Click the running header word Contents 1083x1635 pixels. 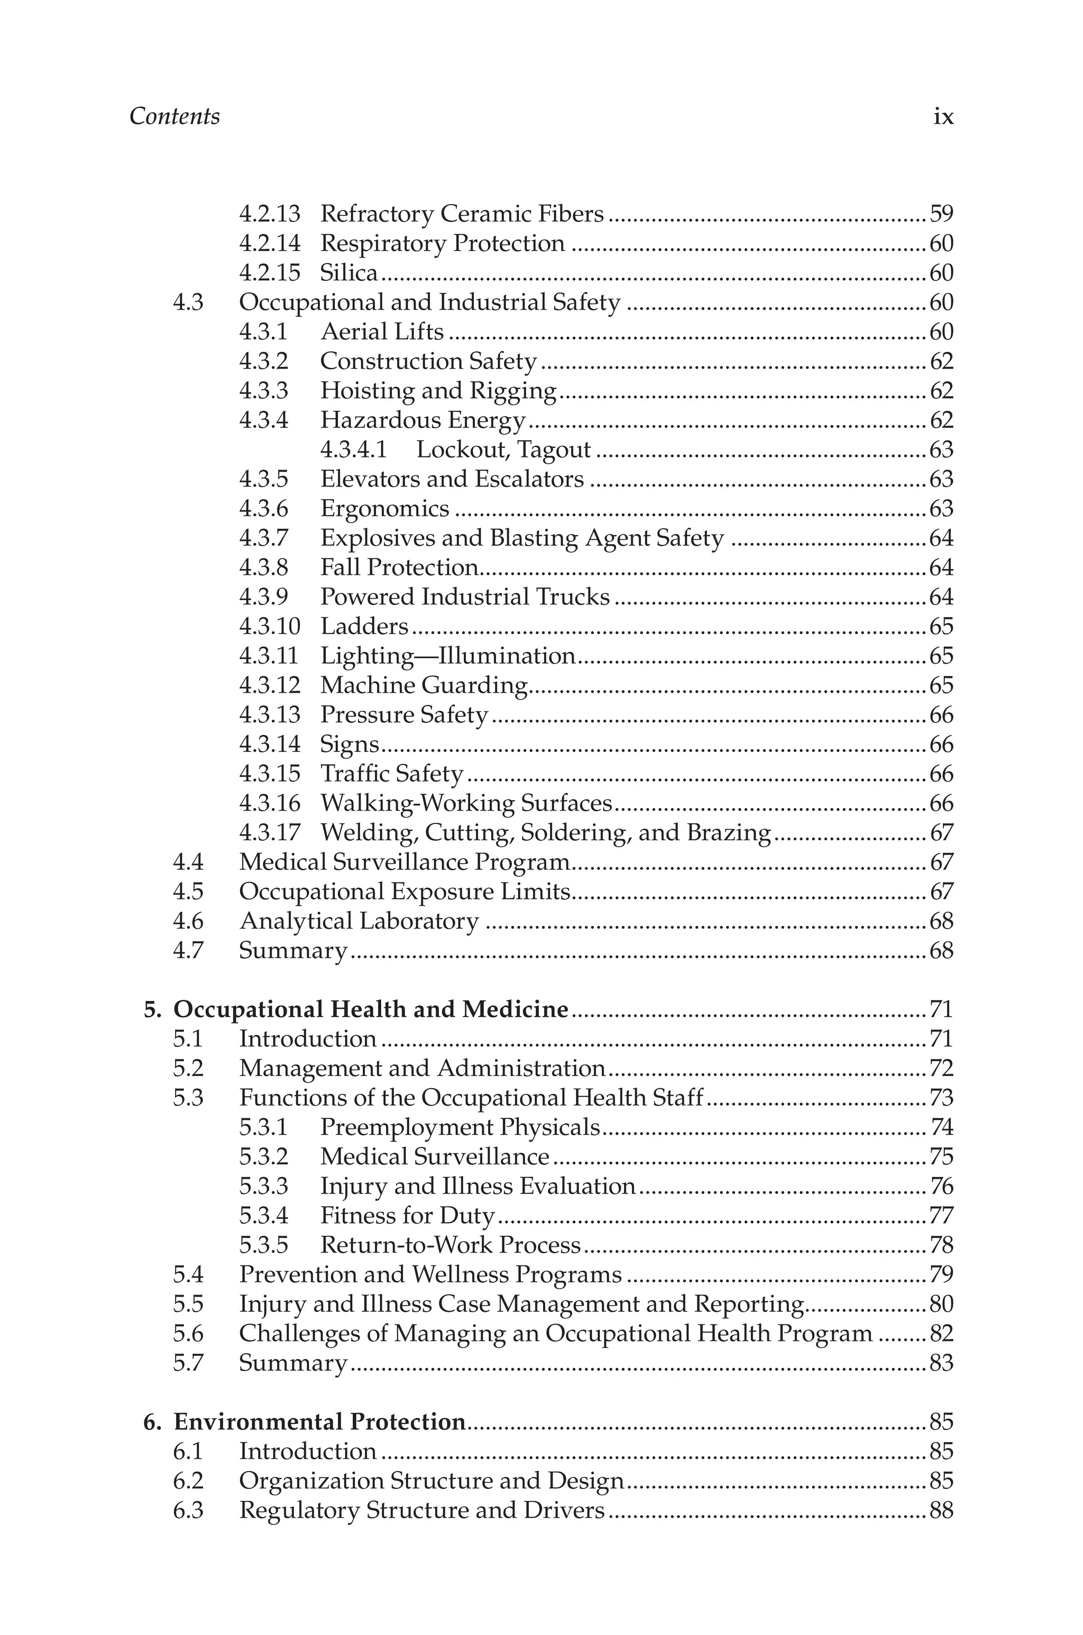pos(175,116)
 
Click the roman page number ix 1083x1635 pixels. pos(943,117)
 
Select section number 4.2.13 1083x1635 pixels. pos(269,214)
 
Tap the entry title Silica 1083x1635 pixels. pos(349,273)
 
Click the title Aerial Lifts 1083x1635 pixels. pos(382,332)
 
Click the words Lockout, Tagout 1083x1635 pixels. pos(503,449)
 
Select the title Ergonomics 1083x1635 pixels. pos(385,509)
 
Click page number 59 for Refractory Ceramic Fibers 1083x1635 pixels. pos(941,214)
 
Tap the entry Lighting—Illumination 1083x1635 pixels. pos(447,656)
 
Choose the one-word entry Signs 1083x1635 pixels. pos(350,745)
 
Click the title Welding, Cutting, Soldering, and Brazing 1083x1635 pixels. pos(545,833)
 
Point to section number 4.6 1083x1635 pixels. pos(188,921)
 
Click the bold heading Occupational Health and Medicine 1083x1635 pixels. pos(371,1009)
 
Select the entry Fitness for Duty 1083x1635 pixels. pos(408,1215)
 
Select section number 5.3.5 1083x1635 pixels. pos(263,1245)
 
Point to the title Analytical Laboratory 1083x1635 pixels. pos(359,921)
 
